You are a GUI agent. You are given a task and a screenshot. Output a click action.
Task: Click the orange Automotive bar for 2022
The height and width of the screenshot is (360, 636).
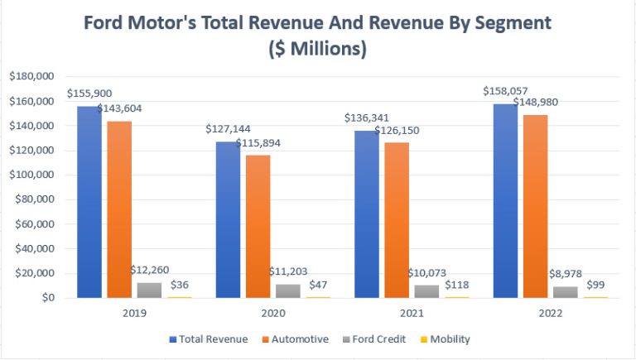[534, 206]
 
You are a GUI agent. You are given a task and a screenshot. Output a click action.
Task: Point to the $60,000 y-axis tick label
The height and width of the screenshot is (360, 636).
[31, 224]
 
